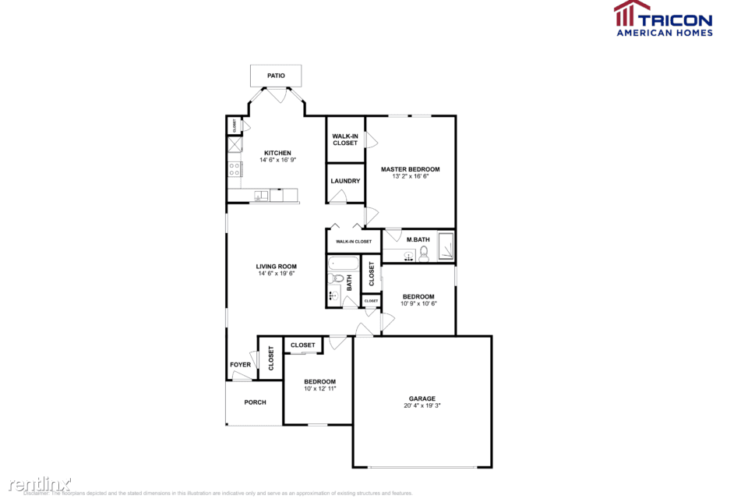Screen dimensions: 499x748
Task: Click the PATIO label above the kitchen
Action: [276, 76]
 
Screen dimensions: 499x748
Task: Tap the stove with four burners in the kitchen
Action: [234, 168]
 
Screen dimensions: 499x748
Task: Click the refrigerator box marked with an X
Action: [234, 145]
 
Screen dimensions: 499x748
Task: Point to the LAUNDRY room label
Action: [345, 181]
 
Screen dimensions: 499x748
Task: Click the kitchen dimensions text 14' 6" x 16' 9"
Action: [277, 160]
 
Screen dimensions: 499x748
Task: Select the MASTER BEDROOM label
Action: [410, 169]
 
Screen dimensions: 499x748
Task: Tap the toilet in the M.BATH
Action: [424, 253]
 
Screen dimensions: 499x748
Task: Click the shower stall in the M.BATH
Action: [446, 246]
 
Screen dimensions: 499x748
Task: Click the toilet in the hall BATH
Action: [337, 278]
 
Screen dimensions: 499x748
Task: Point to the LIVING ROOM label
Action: [277, 267]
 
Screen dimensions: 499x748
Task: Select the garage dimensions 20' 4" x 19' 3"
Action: [422, 405]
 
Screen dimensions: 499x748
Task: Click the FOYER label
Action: [240, 365]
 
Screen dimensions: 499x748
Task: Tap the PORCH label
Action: [255, 402]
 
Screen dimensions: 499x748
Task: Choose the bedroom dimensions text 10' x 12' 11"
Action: [319, 388]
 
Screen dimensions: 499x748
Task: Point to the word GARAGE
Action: [422, 398]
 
